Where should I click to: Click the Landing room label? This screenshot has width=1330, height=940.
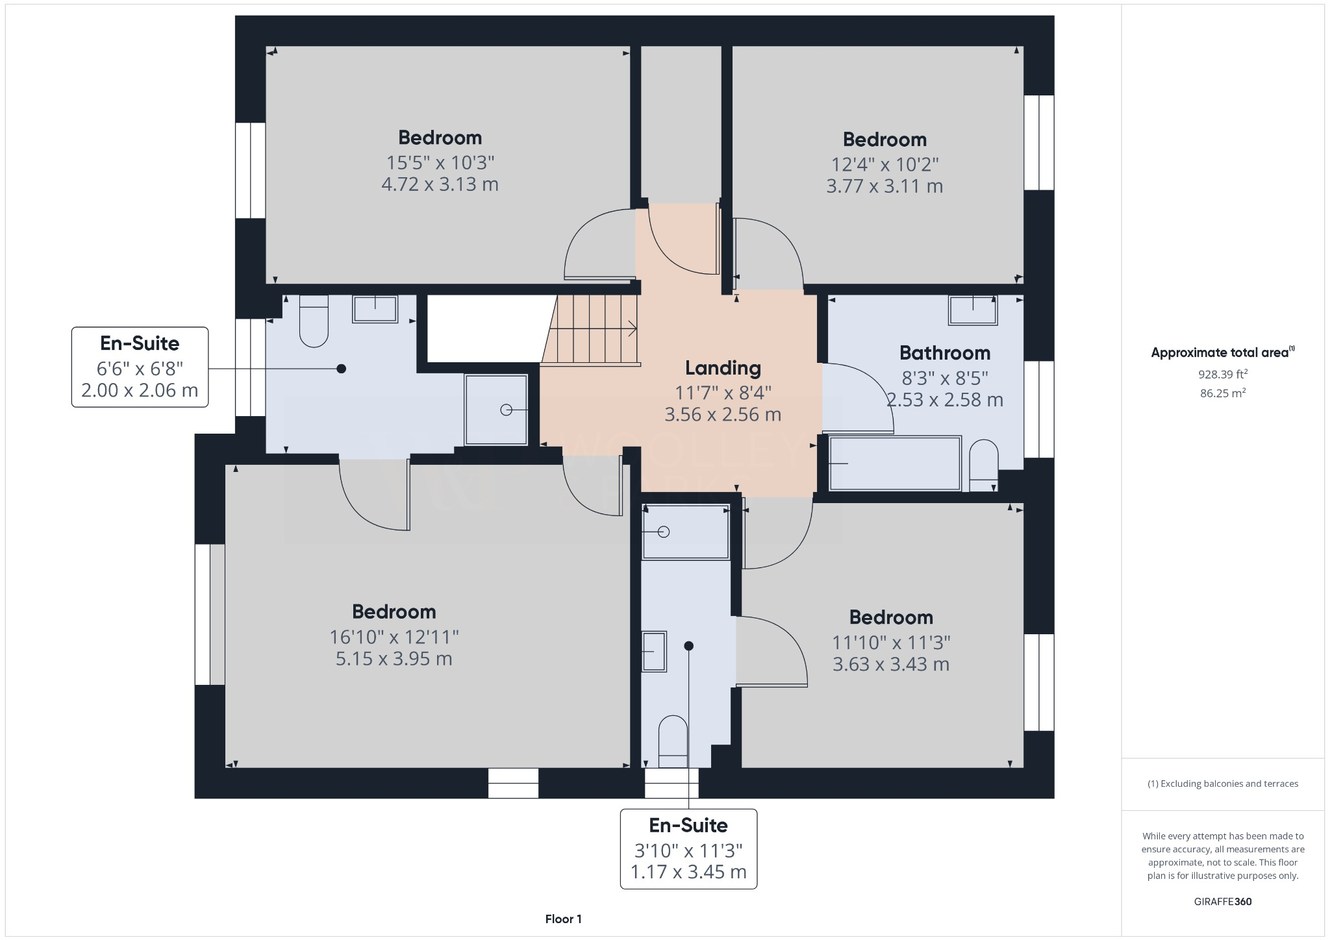coord(723,368)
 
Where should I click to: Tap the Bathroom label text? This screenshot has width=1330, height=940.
coord(944,353)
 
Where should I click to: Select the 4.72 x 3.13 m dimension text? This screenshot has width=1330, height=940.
coord(440,184)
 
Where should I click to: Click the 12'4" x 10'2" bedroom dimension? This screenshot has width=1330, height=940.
coord(885,164)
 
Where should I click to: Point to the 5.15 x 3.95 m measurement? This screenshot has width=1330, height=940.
coord(394,659)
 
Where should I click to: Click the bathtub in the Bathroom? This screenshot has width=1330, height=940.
coord(895,464)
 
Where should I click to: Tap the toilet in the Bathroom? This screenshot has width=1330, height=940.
coord(983,465)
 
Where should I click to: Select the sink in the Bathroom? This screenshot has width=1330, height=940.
coord(972,310)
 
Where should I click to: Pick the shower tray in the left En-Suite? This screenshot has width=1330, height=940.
coord(496,410)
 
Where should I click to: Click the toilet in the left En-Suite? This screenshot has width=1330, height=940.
coord(314,321)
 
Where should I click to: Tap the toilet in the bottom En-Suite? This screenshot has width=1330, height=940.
coord(673,742)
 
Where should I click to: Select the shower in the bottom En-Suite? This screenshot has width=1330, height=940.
coord(685,532)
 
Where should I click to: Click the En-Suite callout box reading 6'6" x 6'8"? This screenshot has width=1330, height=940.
coord(140,367)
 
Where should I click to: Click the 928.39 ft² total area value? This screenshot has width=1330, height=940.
coord(1223,375)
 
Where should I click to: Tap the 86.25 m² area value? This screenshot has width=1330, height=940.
coord(1223,393)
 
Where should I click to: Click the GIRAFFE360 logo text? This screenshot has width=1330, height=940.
coord(1223,902)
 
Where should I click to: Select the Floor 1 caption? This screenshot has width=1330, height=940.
coord(563,919)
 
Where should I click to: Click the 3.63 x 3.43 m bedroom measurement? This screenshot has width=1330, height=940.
coord(890,665)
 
